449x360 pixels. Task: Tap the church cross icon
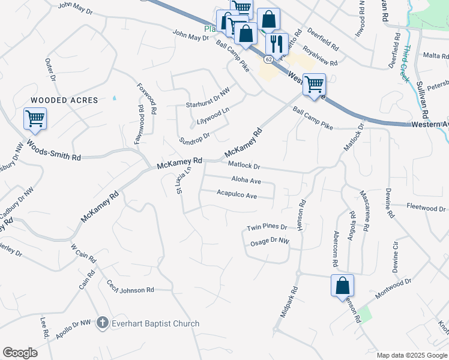click(102, 323)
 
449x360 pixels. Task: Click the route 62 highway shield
click(268, 59)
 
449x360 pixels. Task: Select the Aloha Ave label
click(246, 180)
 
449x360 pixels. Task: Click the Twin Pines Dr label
click(267, 228)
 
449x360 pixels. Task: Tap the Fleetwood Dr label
click(426, 208)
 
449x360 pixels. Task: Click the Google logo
click(20, 353)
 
